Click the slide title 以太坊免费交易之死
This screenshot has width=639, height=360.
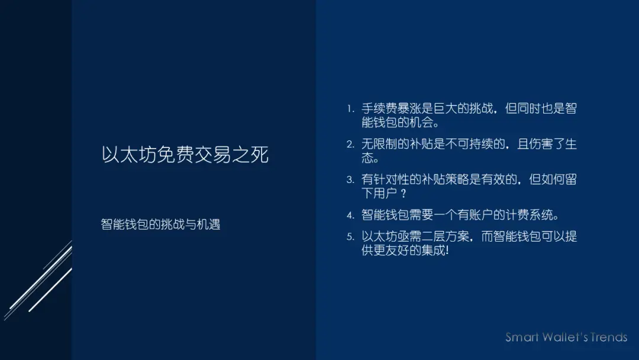[x=185, y=155]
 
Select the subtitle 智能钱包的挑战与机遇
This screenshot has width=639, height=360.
[x=160, y=224]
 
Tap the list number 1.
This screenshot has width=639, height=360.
[x=350, y=109]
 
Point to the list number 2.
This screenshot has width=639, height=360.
[x=350, y=144]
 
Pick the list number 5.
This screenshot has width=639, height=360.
[x=350, y=237]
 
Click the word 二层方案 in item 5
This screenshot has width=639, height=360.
[x=444, y=237]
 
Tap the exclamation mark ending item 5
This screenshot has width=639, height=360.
[x=447, y=251]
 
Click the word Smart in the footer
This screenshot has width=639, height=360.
[x=522, y=337]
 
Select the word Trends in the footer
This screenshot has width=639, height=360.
[x=608, y=337]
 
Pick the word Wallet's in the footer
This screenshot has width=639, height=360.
[x=564, y=337]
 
